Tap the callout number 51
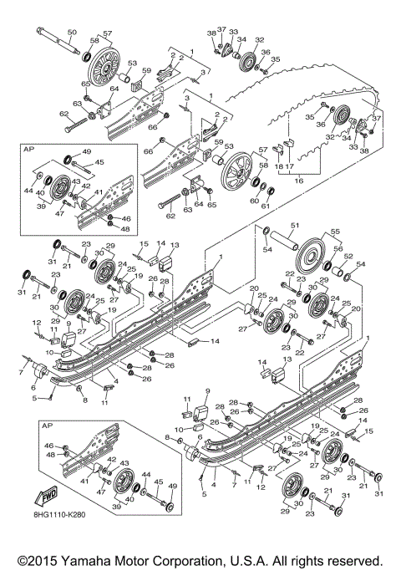coord(294,225)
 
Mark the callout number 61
coord(266,206)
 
